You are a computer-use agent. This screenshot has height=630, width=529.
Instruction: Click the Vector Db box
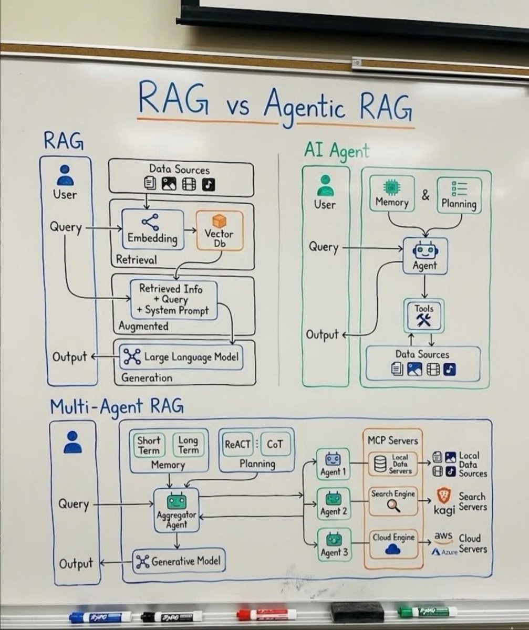pyautogui.click(x=220, y=230)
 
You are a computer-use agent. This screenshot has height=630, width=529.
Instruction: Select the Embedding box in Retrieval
pyautogui.click(x=152, y=229)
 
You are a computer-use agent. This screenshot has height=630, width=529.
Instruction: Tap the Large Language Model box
pyautogui.click(x=182, y=358)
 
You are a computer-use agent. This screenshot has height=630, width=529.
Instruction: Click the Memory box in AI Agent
pyautogui.click(x=392, y=193)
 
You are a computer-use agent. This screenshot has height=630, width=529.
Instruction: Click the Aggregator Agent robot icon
pyautogui.click(x=177, y=502)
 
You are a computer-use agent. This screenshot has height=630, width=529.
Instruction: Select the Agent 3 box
pyautogui.click(x=333, y=544)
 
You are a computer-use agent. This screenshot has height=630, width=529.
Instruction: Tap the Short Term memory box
pyautogui.click(x=149, y=445)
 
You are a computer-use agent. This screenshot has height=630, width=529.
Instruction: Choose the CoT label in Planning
pyautogui.click(x=275, y=444)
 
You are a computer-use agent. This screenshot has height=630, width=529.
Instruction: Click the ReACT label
pyautogui.click(x=237, y=444)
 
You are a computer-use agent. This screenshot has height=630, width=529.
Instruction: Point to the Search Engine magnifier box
pyautogui.click(x=393, y=500)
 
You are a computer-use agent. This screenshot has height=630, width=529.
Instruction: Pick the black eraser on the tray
pyautogui.click(x=357, y=612)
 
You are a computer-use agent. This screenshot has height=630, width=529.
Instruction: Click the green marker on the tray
pyautogui.click(x=427, y=612)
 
